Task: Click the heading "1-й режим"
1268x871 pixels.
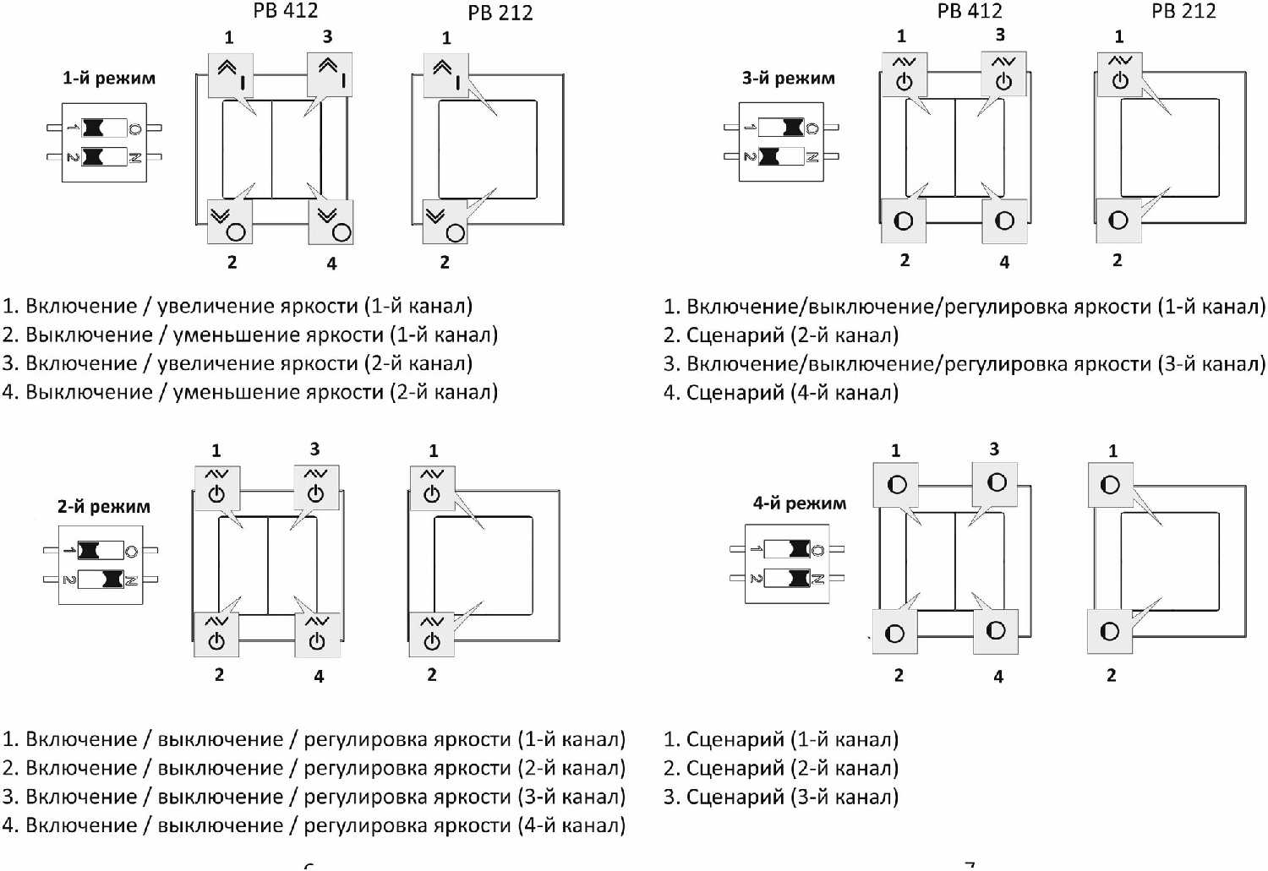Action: [x=109, y=79]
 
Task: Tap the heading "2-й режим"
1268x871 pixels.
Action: [x=104, y=507]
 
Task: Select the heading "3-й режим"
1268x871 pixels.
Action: [x=789, y=79]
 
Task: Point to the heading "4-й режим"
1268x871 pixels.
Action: [x=800, y=504]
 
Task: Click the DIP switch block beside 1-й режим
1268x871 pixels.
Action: [x=104, y=143]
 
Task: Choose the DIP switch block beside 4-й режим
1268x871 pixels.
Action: [x=787, y=563]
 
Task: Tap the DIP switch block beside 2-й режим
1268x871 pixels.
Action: [x=101, y=565]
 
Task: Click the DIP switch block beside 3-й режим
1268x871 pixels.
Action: [x=781, y=142]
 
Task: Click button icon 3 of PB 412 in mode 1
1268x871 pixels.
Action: [x=330, y=73]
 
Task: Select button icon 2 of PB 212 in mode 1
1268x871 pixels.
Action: [x=445, y=222]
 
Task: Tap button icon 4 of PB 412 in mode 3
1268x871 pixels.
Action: [x=1004, y=220]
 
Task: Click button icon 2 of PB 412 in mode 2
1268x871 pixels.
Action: [x=216, y=634]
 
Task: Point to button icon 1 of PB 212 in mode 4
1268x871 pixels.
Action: [x=1110, y=485]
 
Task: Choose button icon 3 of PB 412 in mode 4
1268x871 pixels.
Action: [x=996, y=482]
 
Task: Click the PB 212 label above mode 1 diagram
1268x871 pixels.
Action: [x=500, y=13]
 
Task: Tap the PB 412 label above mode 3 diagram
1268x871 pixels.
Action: [x=970, y=11]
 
